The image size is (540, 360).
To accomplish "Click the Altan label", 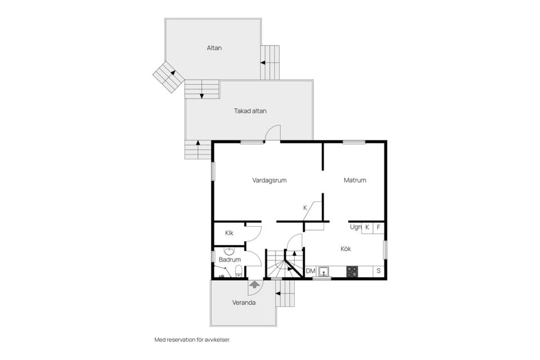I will (214, 48).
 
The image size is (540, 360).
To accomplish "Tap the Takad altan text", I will (250, 111).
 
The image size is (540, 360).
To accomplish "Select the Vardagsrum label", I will (269, 181).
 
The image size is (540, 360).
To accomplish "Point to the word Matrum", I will (355, 181).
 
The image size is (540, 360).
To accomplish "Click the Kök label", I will (346, 248).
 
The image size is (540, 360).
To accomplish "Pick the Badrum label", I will (229, 259).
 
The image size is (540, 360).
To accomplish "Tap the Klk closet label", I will (229, 233).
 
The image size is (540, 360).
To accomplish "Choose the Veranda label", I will (244, 303).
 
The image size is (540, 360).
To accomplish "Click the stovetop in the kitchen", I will (352, 271).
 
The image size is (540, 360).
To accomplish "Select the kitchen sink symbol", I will (323, 271).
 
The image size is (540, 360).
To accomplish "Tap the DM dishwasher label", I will (310, 271).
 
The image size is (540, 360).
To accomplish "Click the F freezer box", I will (379, 227).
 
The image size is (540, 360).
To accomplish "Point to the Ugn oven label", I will (355, 227).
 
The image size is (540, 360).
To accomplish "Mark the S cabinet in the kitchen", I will (379, 271).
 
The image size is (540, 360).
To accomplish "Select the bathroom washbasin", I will (229, 251).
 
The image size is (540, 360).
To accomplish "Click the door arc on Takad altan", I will (273, 133).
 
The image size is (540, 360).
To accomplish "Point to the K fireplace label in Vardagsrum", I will (305, 208).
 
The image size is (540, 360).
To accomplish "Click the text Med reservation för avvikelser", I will (192, 340).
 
